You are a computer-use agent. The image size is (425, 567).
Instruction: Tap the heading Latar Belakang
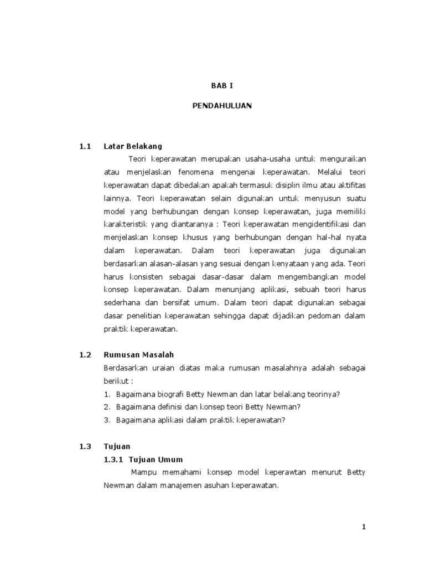133,147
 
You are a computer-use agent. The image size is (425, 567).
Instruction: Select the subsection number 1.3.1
113,460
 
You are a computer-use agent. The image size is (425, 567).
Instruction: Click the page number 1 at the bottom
364,528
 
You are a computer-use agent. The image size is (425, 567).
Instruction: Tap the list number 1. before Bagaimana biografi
107,394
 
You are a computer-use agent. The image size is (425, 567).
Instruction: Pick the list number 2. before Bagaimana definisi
107,406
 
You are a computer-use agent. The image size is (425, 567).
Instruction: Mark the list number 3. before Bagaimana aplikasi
107,419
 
